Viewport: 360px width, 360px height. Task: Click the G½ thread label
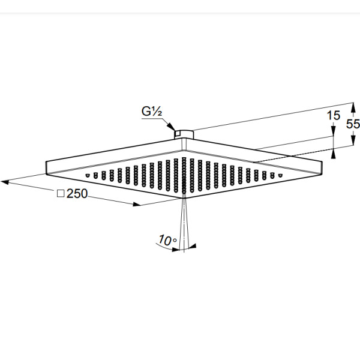[x=152, y=112]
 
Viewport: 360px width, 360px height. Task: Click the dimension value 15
[x=334, y=115]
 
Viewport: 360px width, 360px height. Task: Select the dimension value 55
[x=353, y=124]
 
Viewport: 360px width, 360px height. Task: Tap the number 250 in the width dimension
[x=77, y=193]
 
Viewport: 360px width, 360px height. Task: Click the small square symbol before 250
[x=61, y=193]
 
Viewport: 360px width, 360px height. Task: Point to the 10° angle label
[x=168, y=240]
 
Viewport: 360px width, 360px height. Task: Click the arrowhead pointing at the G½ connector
[x=170, y=127]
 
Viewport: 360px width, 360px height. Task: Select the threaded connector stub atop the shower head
[x=184, y=134]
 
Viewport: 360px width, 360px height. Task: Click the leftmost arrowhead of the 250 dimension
[x=5, y=182]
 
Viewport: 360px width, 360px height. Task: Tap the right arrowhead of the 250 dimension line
[x=137, y=204]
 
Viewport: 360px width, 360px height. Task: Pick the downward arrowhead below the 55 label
[x=353, y=140]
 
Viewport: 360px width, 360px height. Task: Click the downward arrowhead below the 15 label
[x=334, y=131]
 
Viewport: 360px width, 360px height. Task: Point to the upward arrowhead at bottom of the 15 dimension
[x=334, y=154]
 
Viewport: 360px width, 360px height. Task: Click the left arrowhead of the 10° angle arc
[x=176, y=250]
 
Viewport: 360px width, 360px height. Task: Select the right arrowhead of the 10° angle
[x=192, y=247]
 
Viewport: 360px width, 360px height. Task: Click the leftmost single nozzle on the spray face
[x=87, y=176]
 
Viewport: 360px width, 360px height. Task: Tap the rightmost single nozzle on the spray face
[x=280, y=176]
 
